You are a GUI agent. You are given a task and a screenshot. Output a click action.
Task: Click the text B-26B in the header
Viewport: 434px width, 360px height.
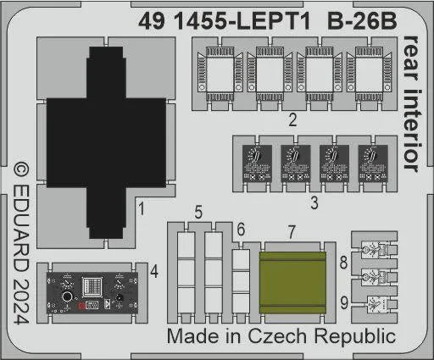pos(362,21)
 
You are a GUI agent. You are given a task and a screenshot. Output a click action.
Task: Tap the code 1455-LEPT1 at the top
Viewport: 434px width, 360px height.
pos(242,21)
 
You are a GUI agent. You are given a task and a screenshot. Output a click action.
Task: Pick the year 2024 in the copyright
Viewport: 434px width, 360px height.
pos(21,301)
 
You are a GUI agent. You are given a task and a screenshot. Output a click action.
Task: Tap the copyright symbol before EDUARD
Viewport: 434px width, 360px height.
pos(21,171)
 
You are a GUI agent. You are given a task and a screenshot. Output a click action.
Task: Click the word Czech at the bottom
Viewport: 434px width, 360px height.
pos(277,336)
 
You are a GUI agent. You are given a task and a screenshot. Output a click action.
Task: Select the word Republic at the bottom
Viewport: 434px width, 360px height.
pos(355,337)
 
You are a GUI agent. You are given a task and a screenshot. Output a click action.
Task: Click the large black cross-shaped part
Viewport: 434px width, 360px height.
pos(106,142)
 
